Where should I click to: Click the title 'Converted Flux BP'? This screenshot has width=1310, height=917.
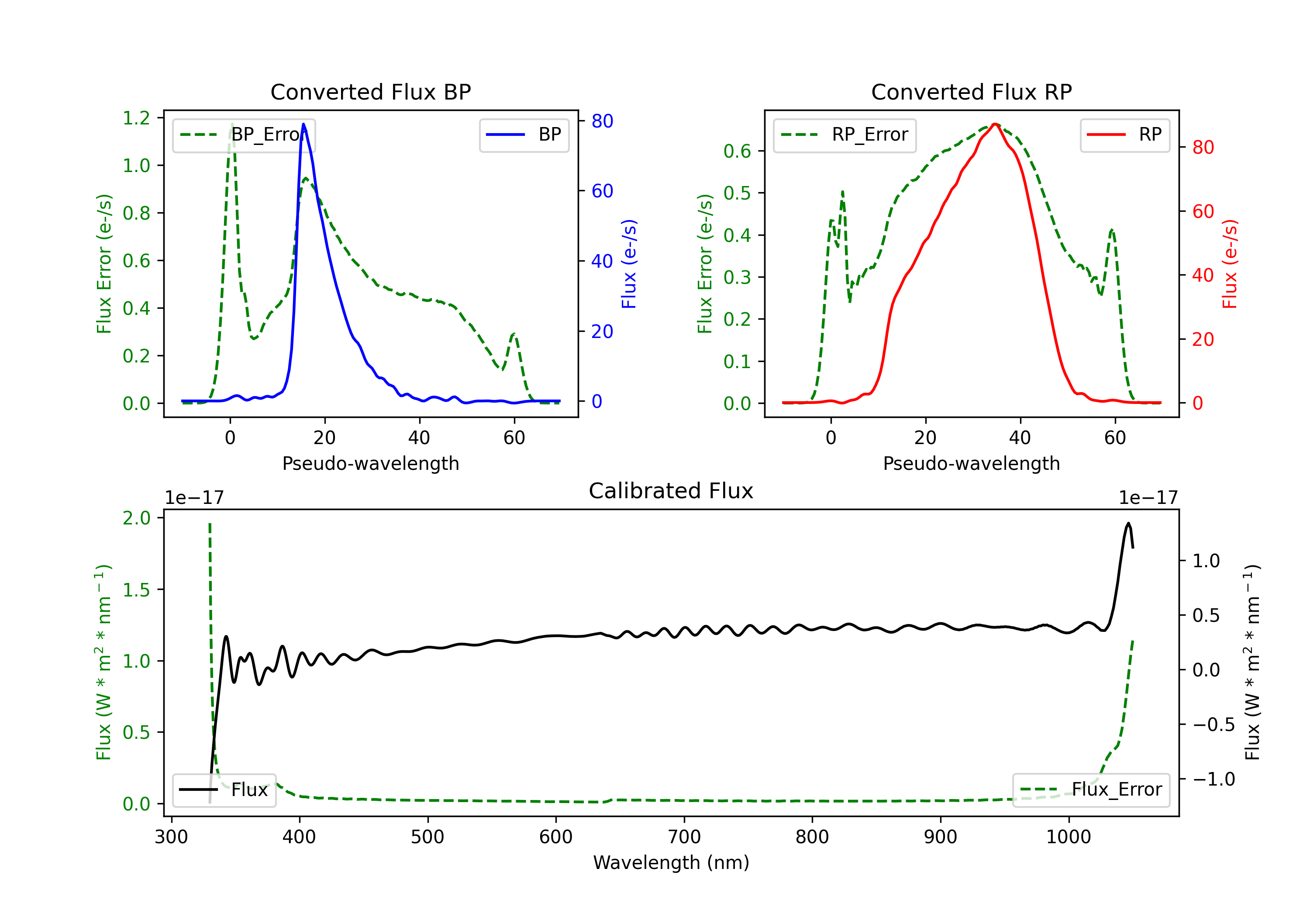pyautogui.click(x=370, y=92)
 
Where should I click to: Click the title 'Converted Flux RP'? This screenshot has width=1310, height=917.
pyautogui.click(x=971, y=92)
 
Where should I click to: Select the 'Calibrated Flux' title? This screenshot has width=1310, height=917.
pyautogui.click(x=671, y=491)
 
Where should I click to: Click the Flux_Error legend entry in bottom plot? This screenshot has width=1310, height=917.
pyautogui.click(x=1091, y=790)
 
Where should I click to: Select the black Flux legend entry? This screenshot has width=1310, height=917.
pyautogui.click(x=224, y=790)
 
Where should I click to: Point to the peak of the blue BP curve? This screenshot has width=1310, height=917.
pyautogui.click(x=303, y=124)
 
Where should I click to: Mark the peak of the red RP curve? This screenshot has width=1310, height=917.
pyautogui.click(x=994, y=124)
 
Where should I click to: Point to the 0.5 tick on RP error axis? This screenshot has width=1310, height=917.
pyautogui.click(x=737, y=193)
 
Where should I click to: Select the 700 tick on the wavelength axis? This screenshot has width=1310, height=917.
pyautogui.click(x=684, y=837)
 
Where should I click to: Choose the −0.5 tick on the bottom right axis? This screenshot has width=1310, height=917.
pyautogui.click(x=1213, y=725)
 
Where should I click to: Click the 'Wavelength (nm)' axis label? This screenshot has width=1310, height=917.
pyautogui.click(x=671, y=862)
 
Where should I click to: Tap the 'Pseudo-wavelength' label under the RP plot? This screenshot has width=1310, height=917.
pyautogui.click(x=971, y=463)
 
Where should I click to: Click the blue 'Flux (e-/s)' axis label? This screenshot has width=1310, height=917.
pyautogui.click(x=629, y=264)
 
